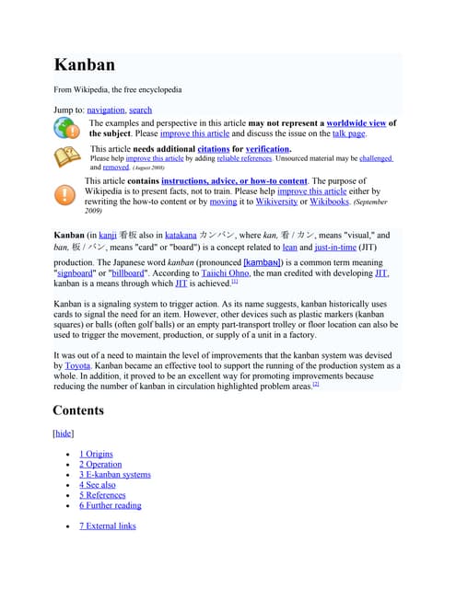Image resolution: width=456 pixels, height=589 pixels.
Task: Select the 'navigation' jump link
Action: [x=105, y=110]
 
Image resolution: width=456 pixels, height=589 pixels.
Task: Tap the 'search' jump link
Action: [x=141, y=110]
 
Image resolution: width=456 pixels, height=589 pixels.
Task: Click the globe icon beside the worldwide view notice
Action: [x=66, y=128]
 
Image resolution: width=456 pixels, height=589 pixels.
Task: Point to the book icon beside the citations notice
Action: [x=66, y=157]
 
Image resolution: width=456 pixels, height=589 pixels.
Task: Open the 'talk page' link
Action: [x=348, y=134]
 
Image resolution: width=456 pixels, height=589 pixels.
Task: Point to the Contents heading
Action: [x=78, y=410]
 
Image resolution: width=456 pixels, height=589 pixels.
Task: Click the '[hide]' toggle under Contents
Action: [x=64, y=433]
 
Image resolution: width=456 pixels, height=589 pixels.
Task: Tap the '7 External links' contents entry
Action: [x=107, y=525]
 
